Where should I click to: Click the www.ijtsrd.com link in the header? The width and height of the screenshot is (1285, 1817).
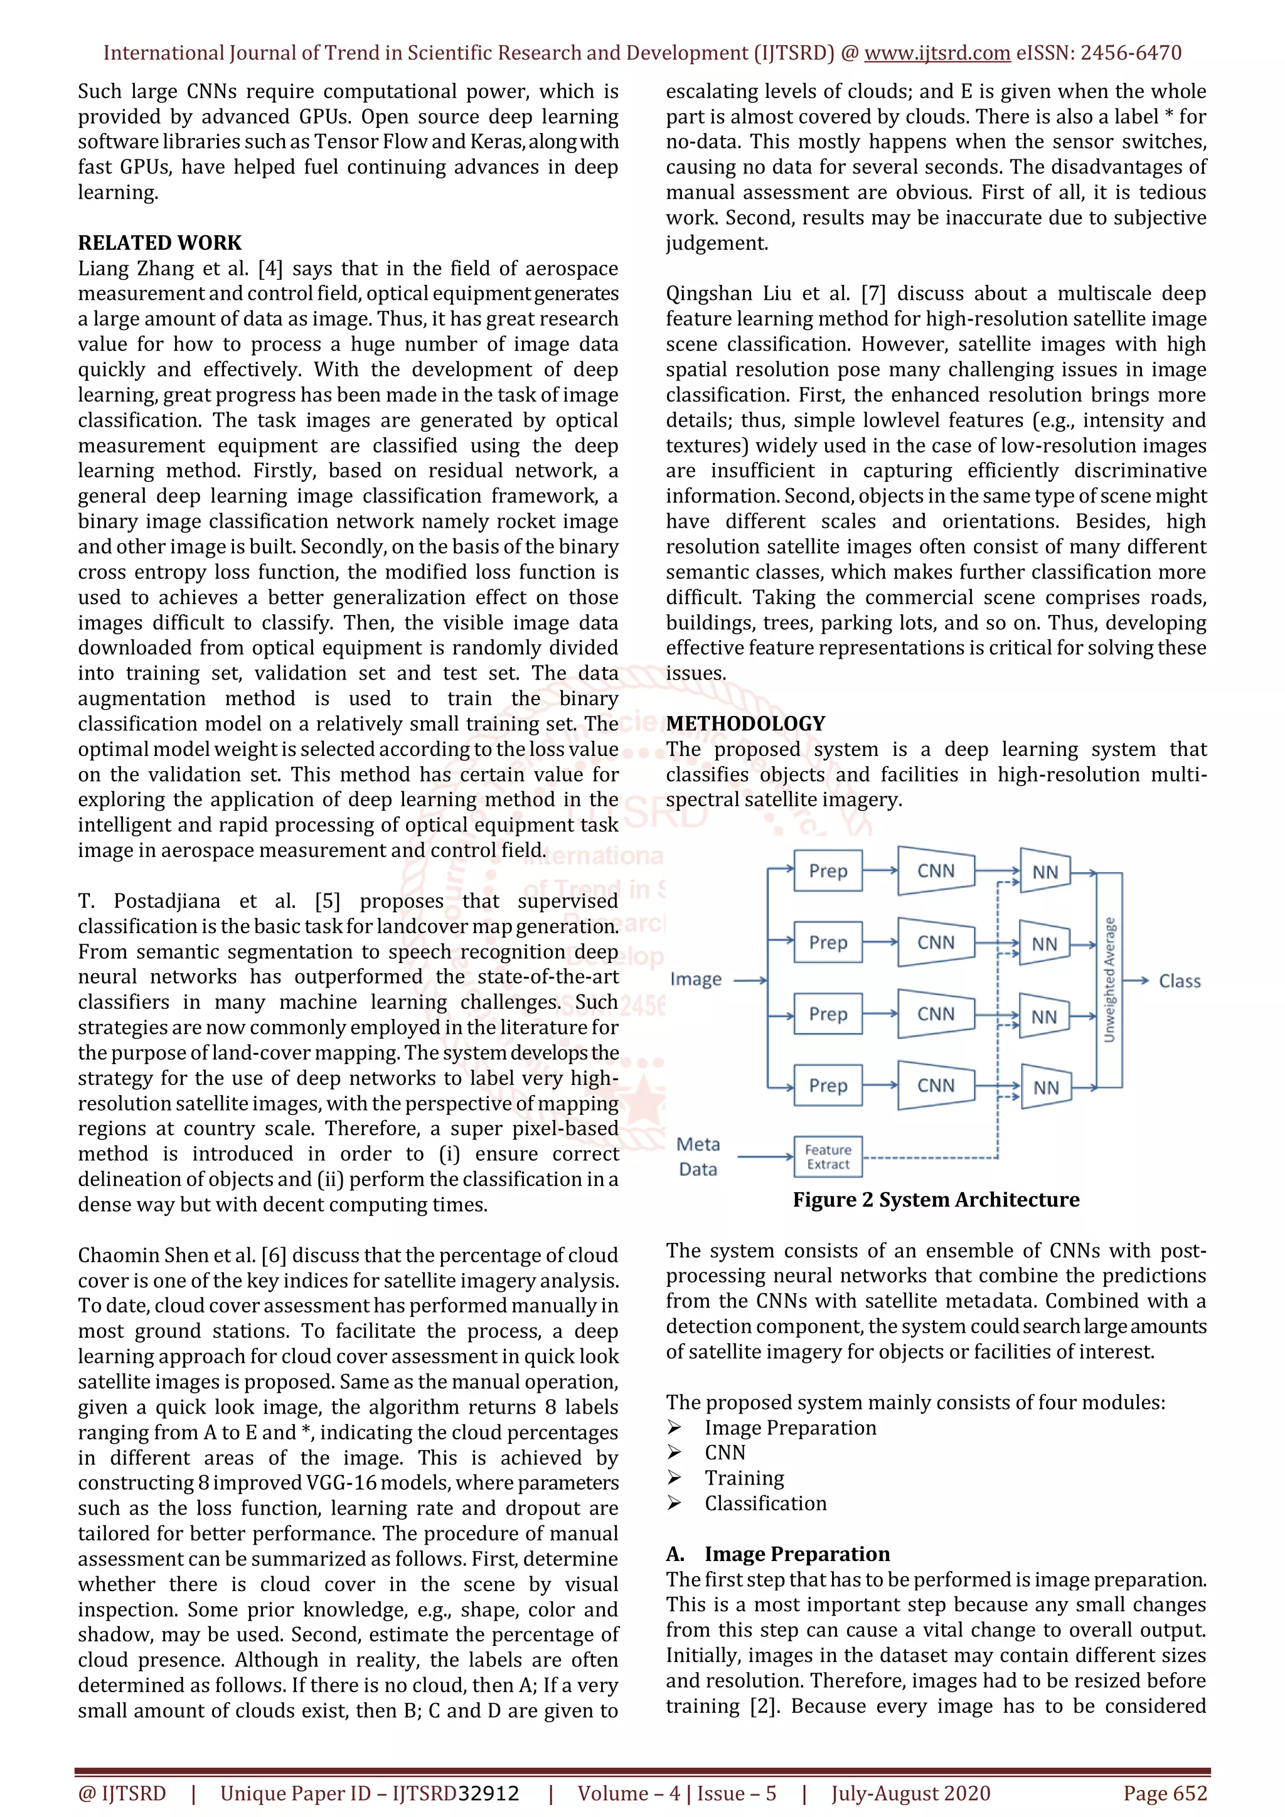pos(937,53)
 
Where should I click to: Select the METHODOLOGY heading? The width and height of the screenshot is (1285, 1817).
pos(745,723)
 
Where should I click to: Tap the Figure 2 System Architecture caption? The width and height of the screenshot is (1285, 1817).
pos(936,1200)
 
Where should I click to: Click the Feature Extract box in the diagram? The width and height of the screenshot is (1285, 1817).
pos(828,1157)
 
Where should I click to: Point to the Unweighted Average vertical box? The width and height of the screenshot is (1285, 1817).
pos(1109,980)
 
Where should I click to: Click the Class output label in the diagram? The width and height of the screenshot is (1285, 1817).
pos(1179,981)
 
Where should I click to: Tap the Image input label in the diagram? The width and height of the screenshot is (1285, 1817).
pos(695,980)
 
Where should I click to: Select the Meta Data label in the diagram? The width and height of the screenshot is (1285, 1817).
pos(698,1156)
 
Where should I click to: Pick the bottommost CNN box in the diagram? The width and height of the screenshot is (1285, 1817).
pos(936,1086)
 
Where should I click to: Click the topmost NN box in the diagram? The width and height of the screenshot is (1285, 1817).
pos(1045,872)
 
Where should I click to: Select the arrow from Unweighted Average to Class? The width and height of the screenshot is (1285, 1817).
pos(1136,981)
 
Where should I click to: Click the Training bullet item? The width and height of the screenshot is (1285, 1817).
pos(744,1478)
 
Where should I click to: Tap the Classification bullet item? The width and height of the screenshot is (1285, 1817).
pos(765,1504)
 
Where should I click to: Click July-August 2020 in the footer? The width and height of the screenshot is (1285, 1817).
pos(910,1793)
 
